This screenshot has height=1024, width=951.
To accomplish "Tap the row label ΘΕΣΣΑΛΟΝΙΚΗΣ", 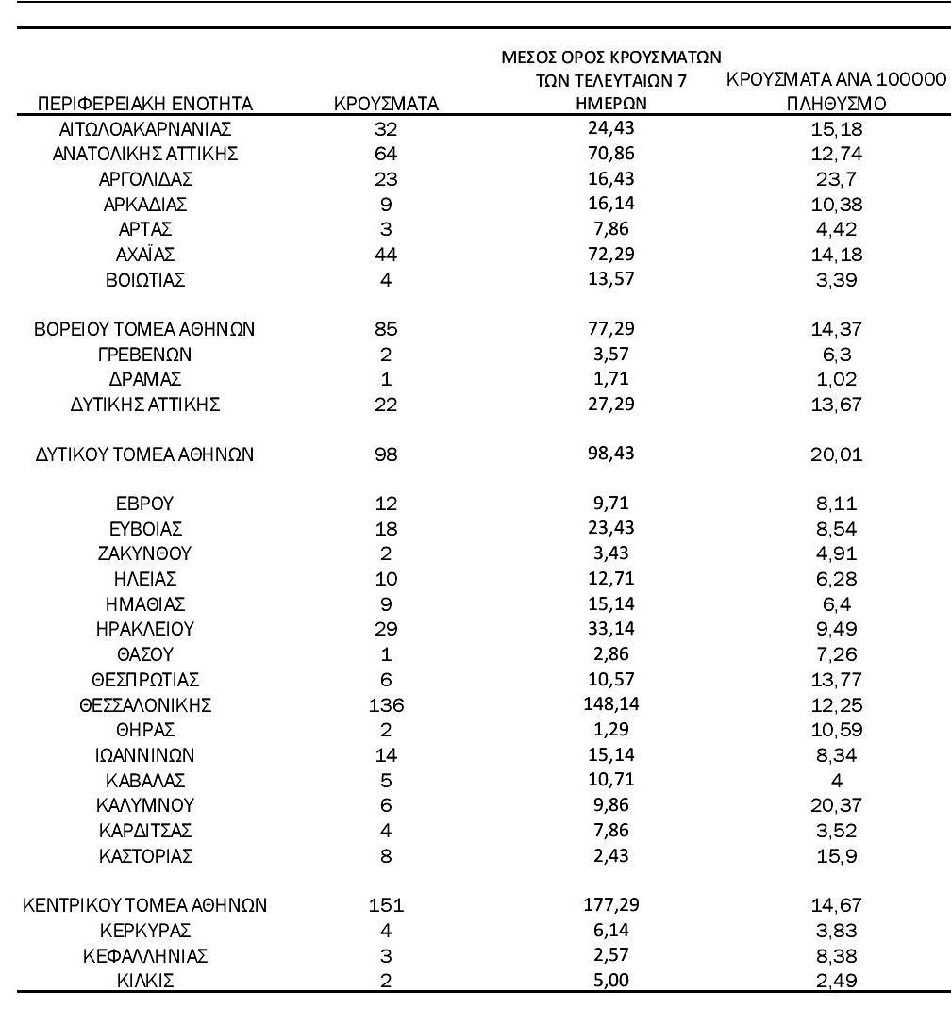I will pos(145,704).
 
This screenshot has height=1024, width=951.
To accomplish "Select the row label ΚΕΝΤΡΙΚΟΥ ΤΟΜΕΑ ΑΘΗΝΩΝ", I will pos(145,906).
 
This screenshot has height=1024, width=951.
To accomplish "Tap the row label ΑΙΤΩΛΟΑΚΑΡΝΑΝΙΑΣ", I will pos(145,127).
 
